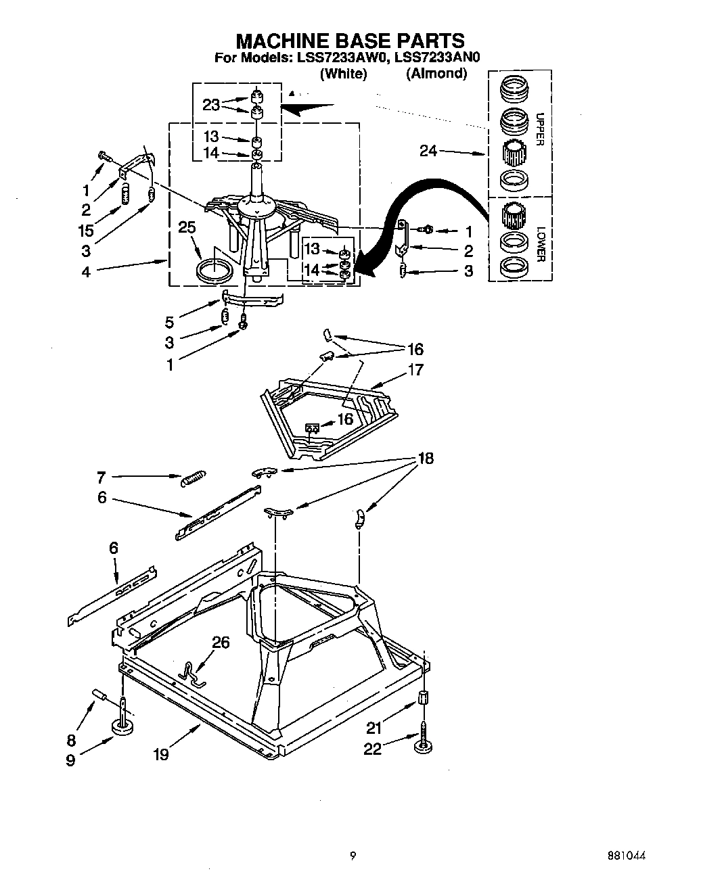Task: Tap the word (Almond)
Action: (436, 74)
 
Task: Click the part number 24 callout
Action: (428, 152)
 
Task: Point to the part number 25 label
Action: (187, 228)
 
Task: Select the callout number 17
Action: (415, 370)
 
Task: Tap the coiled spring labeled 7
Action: (194, 478)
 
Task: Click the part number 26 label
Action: (221, 642)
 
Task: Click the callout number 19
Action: (160, 754)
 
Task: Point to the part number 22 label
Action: (373, 748)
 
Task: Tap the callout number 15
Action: (86, 231)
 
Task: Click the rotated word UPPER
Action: (539, 129)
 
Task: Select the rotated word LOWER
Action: (539, 244)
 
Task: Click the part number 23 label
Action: (211, 105)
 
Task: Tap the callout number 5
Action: (169, 323)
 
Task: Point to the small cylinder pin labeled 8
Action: (100, 695)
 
